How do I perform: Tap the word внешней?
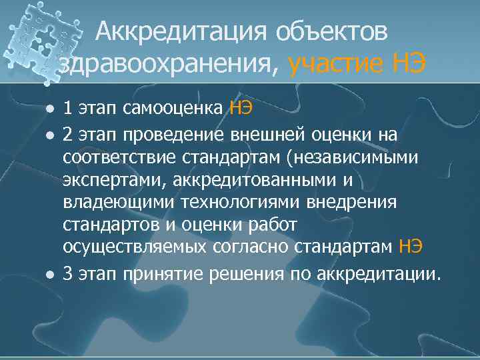click(263, 135)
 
